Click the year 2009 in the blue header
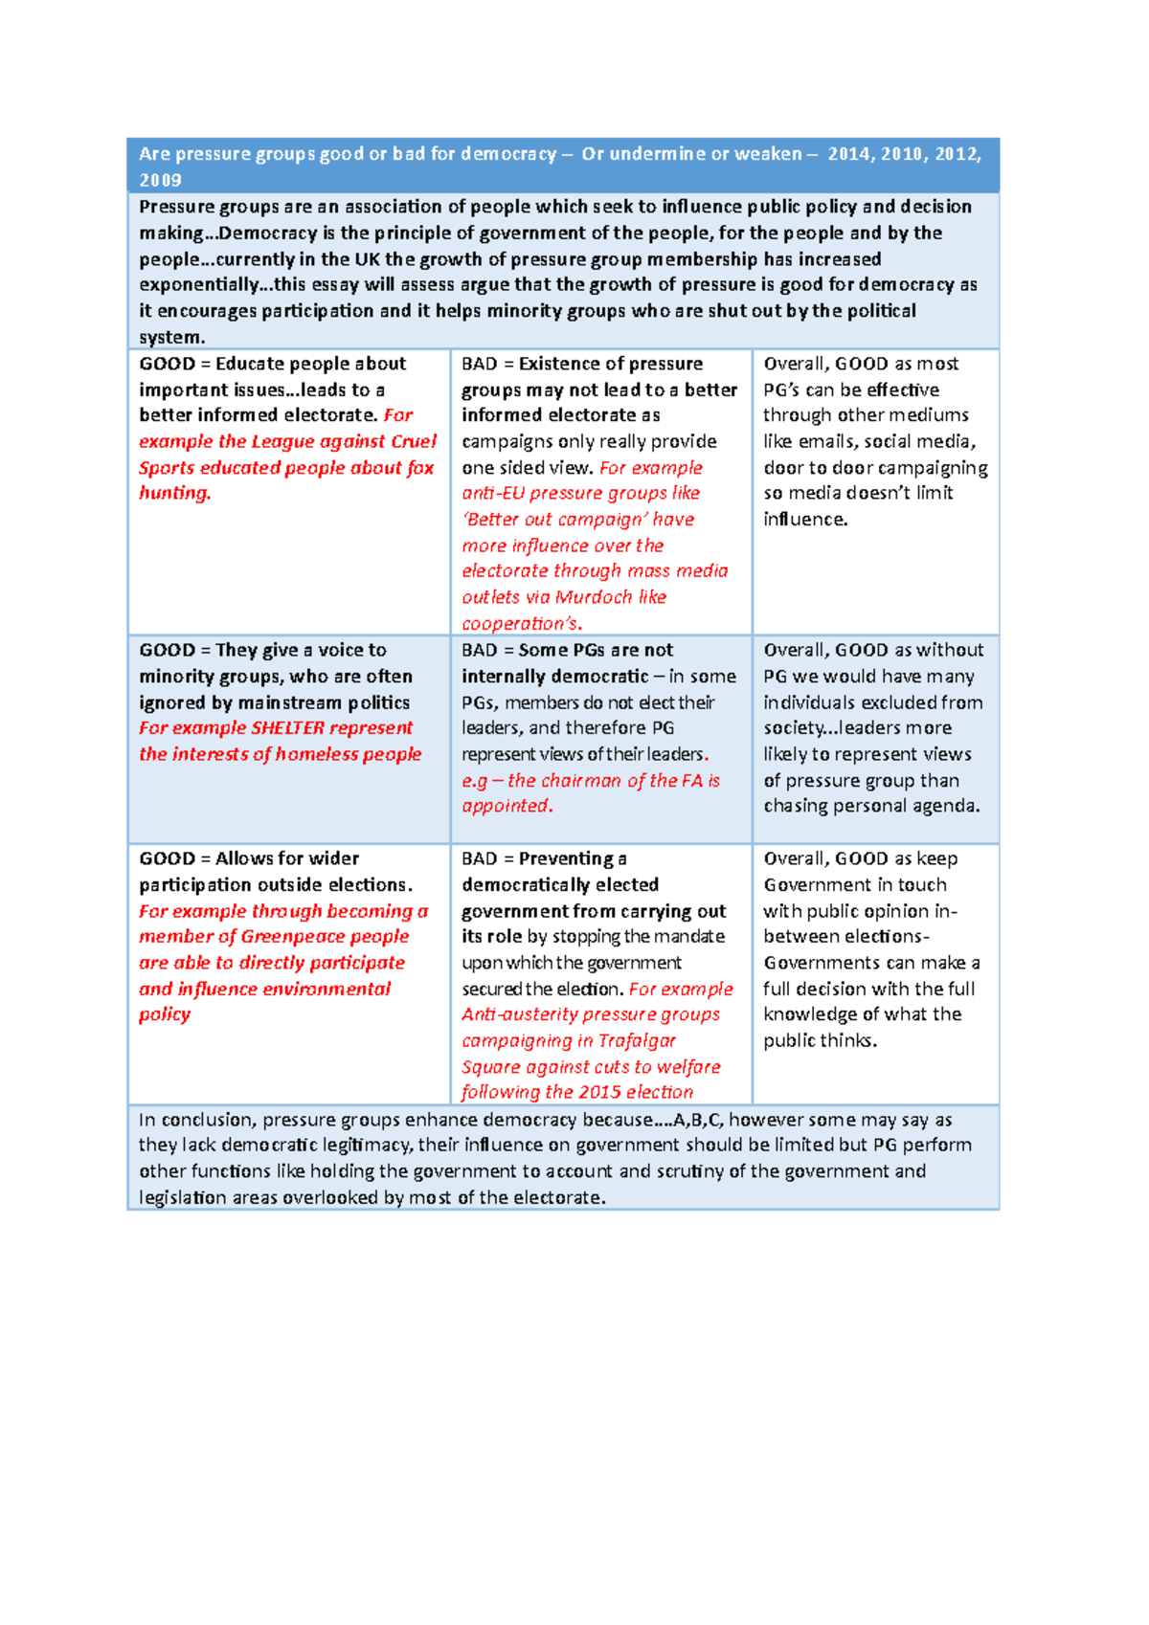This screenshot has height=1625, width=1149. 160,180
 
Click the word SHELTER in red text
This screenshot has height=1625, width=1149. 287,728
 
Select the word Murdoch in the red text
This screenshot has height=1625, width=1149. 594,597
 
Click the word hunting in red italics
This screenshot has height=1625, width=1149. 173,494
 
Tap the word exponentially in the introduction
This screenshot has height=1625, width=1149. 198,285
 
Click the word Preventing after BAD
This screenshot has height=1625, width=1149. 566,858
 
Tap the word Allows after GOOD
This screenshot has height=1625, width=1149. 245,858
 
